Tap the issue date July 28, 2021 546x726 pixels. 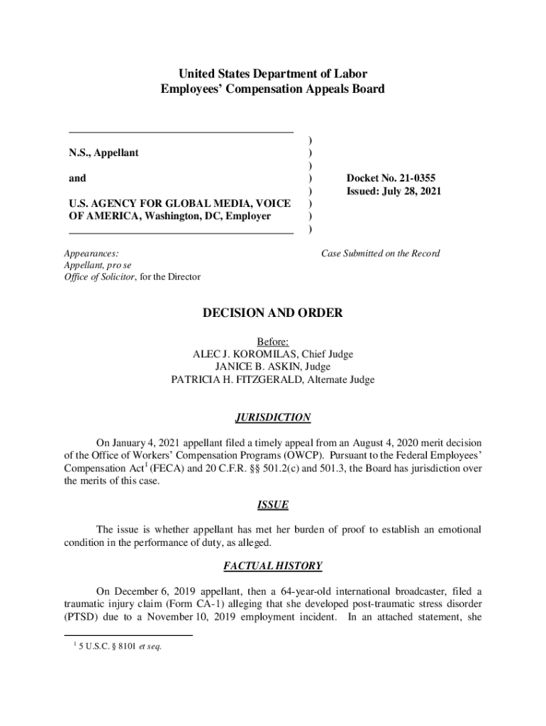411,191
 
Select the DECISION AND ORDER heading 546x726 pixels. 272,313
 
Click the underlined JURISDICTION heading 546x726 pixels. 272,418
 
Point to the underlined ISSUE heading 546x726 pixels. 272,505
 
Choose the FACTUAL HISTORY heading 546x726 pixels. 272,566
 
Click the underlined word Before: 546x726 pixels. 272,342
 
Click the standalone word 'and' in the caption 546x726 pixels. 77,178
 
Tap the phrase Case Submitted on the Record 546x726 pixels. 380,253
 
